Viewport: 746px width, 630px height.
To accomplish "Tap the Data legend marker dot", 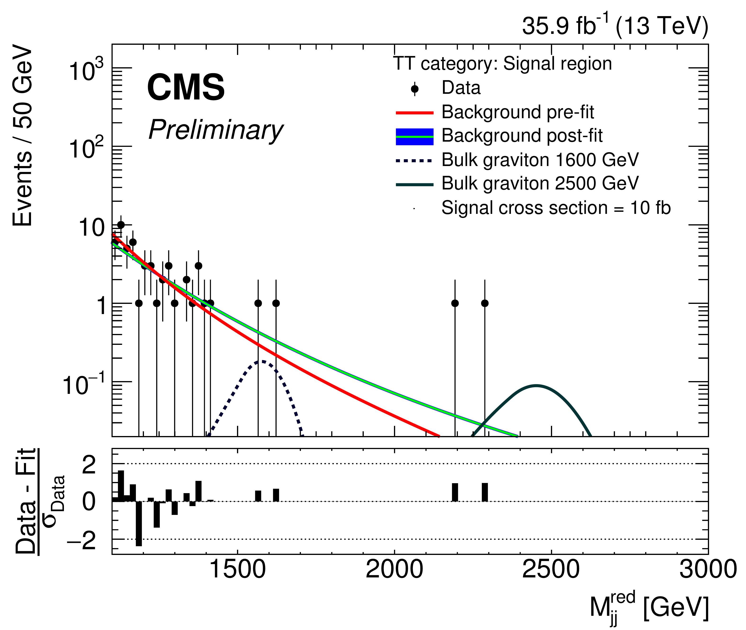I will (414, 88).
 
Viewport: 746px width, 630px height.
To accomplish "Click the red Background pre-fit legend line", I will (414, 112).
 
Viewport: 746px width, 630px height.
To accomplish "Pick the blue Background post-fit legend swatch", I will (414, 136).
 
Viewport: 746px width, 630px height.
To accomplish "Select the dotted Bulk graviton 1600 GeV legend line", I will (414, 161).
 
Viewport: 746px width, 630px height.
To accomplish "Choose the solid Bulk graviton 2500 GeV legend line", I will (414, 185).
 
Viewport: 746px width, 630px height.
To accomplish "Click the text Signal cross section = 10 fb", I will (556, 208).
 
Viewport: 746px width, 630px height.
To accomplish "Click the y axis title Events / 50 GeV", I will (22, 136).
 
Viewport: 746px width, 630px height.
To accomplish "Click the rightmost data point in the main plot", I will (484, 303).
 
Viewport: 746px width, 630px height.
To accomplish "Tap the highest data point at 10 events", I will (121, 225).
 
